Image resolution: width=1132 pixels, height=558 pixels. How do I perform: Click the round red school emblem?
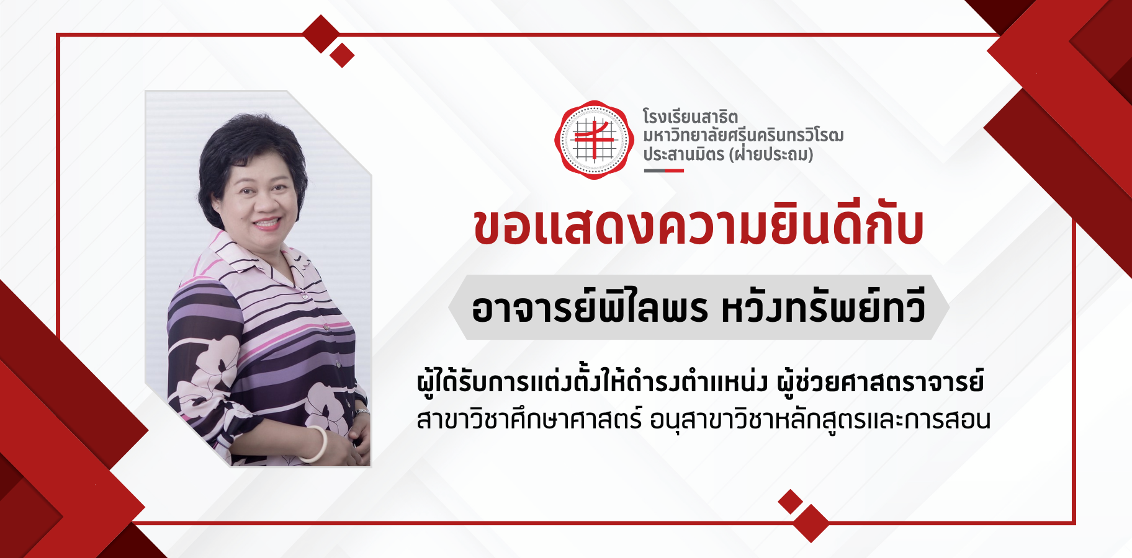tap(594, 140)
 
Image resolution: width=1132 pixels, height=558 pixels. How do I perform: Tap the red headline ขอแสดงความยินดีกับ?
tap(699, 226)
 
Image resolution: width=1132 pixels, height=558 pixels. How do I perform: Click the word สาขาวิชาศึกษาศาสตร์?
tap(529, 419)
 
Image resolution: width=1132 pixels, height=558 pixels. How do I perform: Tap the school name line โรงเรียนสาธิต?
tap(690, 116)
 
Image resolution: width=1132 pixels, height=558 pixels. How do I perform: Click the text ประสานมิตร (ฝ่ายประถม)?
tap(728, 154)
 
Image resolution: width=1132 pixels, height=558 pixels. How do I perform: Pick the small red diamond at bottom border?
tap(791, 502)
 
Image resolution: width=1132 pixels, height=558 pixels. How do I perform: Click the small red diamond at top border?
tap(342, 55)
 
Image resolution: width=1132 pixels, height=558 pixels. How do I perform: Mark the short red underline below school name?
tap(663, 170)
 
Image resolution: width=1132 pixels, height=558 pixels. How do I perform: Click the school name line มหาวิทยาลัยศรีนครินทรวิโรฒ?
tap(743, 135)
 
